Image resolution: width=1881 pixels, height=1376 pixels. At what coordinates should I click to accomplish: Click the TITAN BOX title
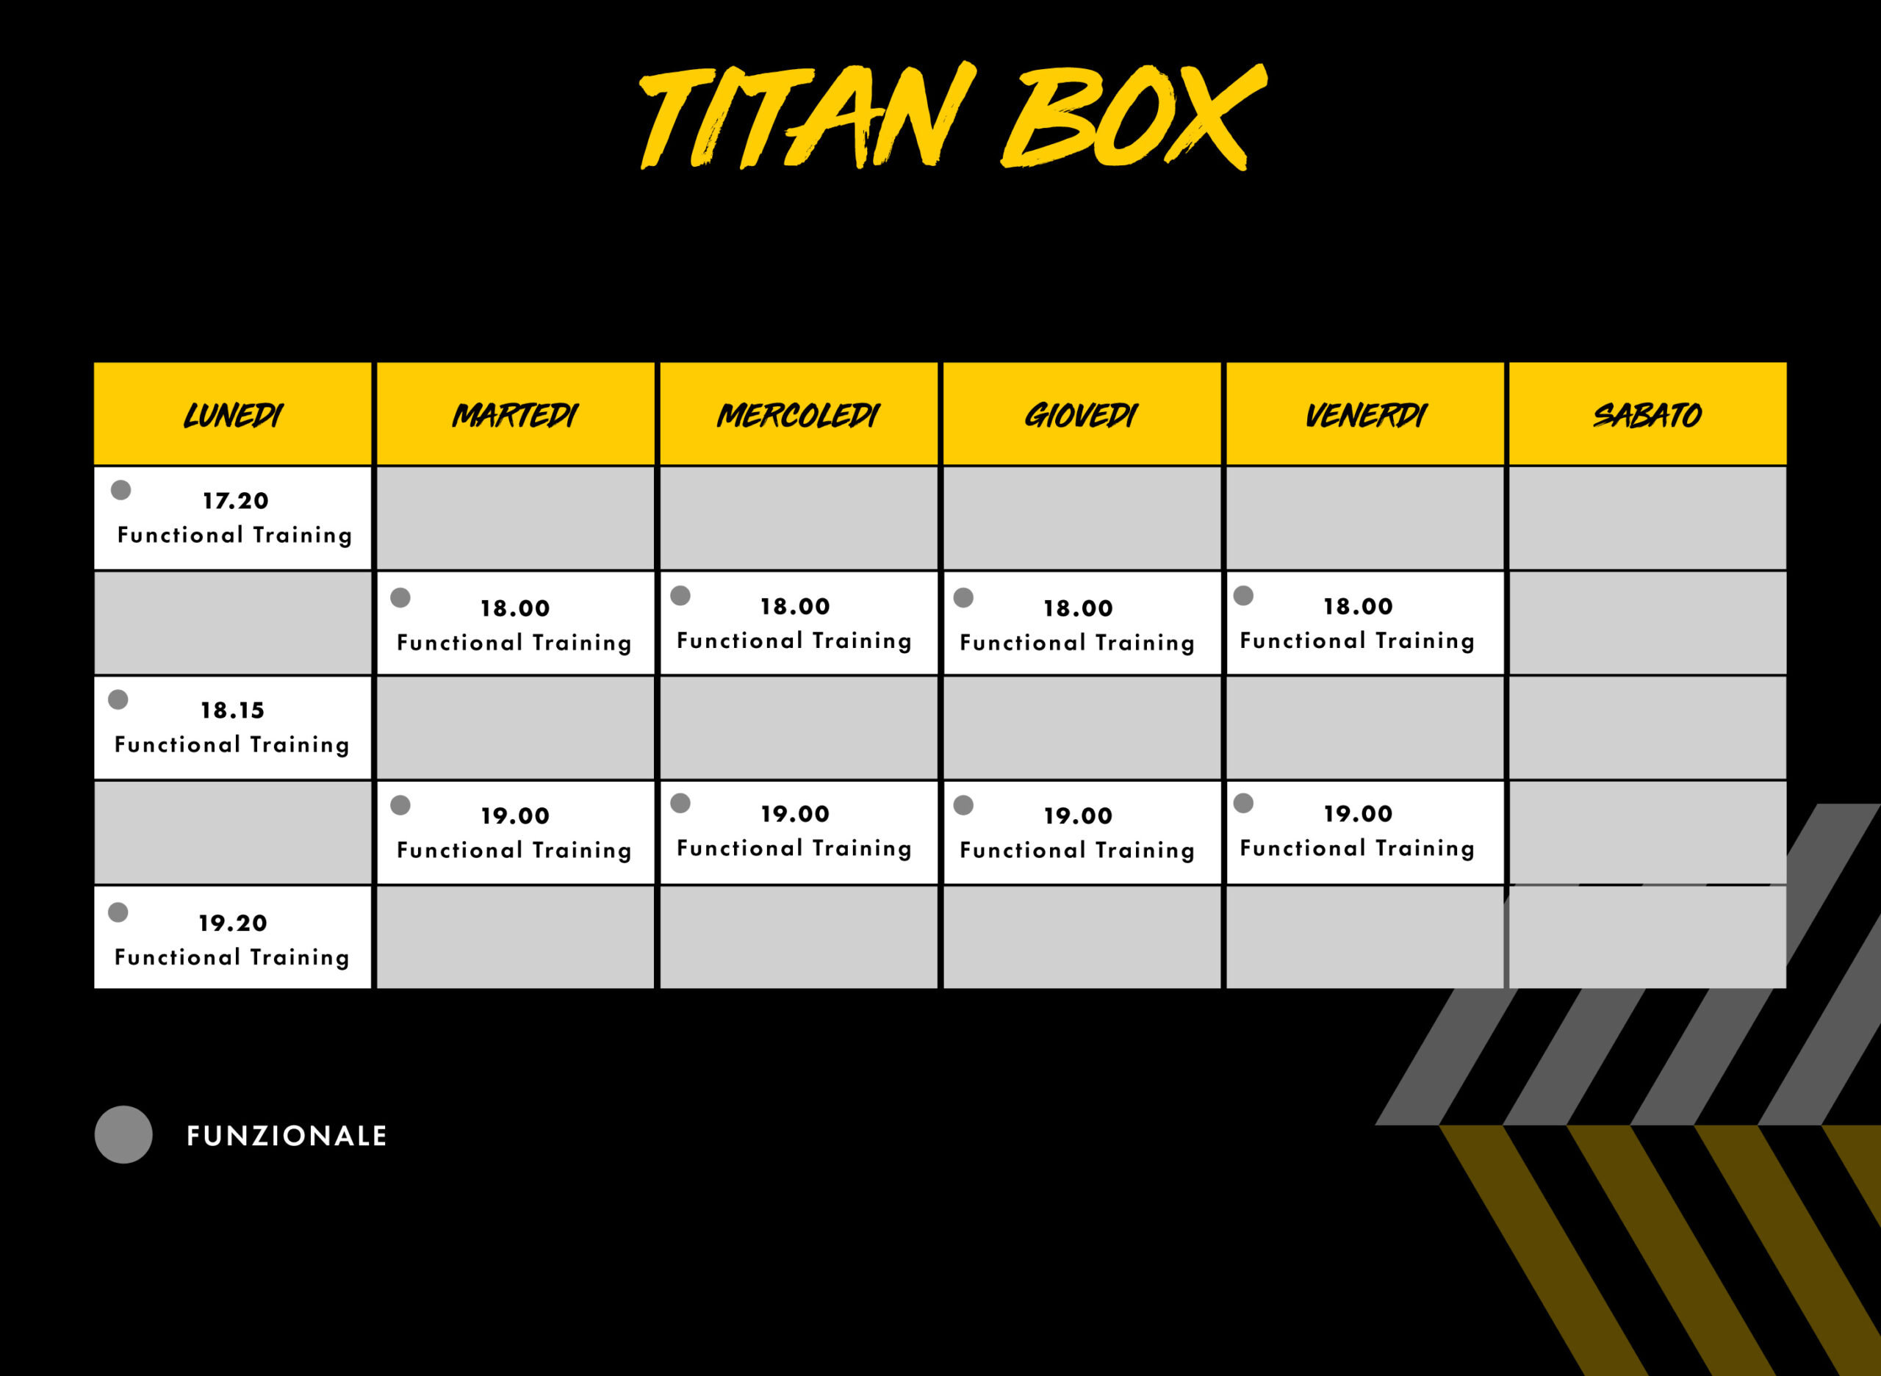click(953, 116)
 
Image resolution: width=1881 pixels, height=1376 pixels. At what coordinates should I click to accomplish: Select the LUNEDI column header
click(232, 415)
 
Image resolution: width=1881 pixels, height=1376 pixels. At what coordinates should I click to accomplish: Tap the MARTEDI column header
click(515, 415)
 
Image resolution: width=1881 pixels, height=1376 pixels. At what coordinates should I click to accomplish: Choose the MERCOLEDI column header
click(798, 415)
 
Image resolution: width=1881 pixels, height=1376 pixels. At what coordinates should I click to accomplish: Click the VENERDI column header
click(1365, 415)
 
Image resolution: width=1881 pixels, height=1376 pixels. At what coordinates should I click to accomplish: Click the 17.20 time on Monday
click(236, 500)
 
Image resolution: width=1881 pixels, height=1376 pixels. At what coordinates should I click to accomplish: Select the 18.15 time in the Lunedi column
click(232, 710)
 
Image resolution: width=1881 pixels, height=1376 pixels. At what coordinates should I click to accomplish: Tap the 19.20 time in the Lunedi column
click(232, 923)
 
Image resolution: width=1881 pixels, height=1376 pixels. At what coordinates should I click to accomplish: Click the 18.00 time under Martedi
click(515, 608)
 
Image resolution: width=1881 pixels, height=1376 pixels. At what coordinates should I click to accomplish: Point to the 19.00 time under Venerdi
click(1358, 814)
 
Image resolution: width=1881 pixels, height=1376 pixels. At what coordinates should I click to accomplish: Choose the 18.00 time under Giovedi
click(1078, 608)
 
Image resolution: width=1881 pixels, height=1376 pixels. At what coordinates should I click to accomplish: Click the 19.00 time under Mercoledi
click(795, 814)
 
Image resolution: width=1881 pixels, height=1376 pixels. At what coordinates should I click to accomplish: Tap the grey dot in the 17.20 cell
click(121, 490)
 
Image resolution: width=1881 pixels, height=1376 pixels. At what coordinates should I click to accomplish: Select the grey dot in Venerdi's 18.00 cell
click(1244, 596)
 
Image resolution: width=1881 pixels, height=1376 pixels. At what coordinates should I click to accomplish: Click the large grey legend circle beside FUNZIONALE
click(123, 1134)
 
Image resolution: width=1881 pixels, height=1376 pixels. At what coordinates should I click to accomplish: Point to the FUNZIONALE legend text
click(287, 1136)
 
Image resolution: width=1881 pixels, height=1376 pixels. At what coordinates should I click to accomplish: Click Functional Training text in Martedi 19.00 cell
click(514, 851)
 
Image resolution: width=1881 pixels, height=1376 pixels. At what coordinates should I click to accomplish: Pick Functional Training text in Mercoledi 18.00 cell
click(794, 641)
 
